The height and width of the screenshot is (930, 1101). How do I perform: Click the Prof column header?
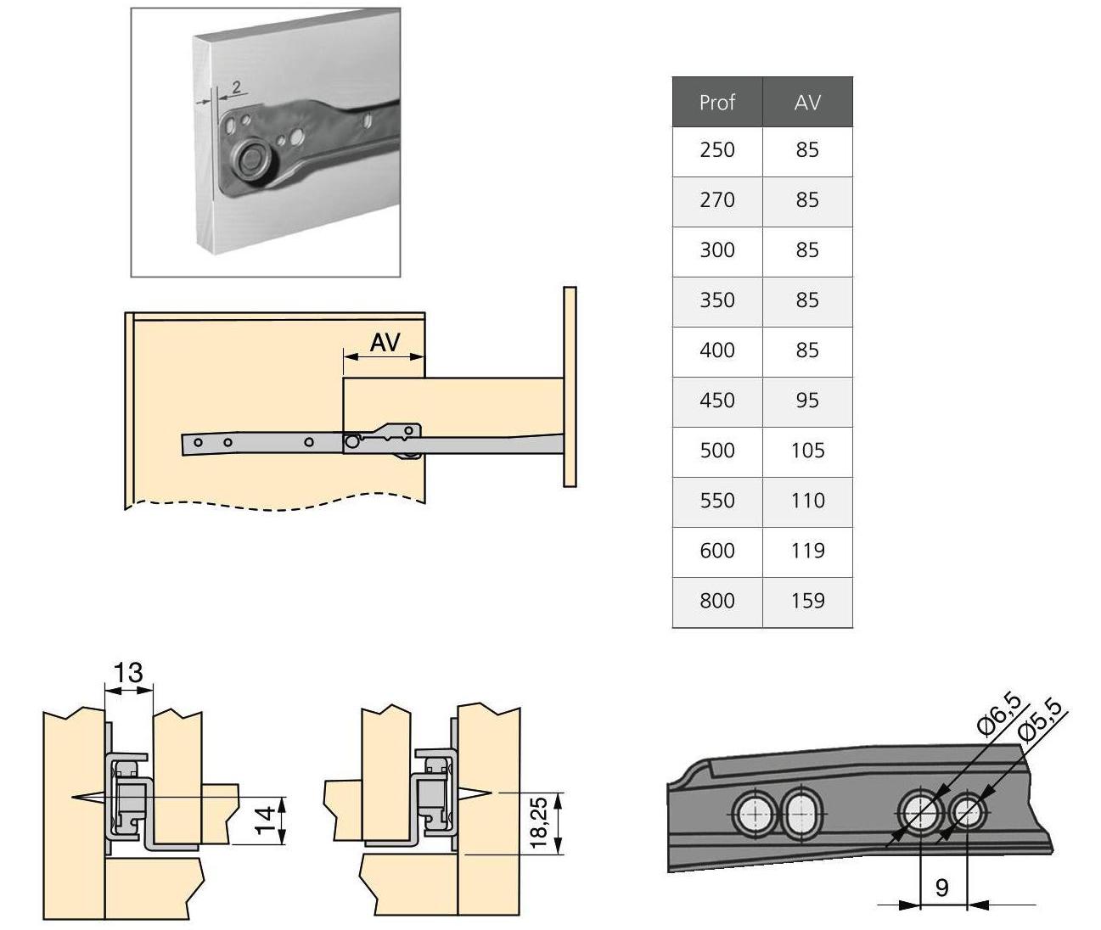[716, 103]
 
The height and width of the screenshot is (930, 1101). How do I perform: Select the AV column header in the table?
[807, 103]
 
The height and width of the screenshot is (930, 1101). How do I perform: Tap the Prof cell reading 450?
[716, 401]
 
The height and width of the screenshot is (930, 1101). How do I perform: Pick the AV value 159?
[807, 601]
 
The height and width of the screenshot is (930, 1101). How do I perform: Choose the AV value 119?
[807, 551]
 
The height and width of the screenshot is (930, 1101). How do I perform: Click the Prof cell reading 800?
[716, 601]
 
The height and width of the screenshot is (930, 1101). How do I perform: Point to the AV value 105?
[807, 451]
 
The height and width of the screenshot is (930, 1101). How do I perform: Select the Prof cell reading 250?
[716, 150]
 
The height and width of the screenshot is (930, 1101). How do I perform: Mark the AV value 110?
[807, 501]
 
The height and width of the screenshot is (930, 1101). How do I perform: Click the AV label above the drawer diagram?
[385, 343]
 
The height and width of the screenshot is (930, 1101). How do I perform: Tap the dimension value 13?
[128, 673]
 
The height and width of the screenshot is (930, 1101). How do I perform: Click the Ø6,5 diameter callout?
[998, 714]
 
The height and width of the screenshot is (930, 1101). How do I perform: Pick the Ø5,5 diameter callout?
[1039, 721]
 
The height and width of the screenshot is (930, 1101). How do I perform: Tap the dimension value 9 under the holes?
[941, 888]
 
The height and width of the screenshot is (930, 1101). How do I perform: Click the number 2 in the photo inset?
[235, 87]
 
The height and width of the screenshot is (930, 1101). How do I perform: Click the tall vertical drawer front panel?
[570, 387]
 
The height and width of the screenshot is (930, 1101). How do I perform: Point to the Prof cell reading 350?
[716, 300]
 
